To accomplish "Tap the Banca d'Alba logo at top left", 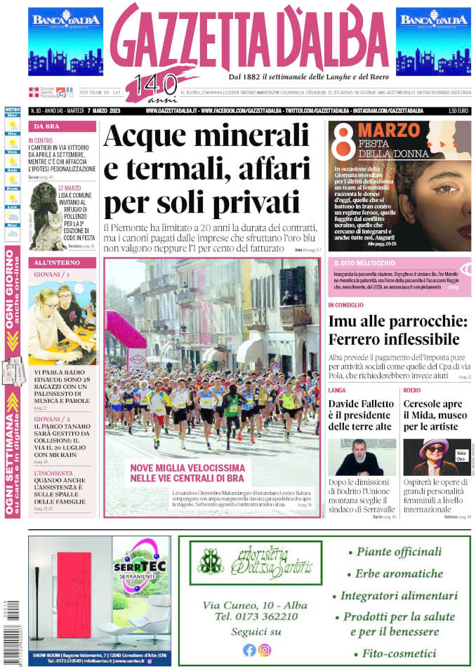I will click(x=65, y=41).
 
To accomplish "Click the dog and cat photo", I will click(x=44, y=217).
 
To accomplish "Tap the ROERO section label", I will click(x=412, y=390).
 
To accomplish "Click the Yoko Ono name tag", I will click(x=461, y=456).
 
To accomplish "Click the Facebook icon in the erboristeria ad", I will click(x=249, y=650).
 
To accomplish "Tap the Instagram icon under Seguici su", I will click(x=265, y=650).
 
